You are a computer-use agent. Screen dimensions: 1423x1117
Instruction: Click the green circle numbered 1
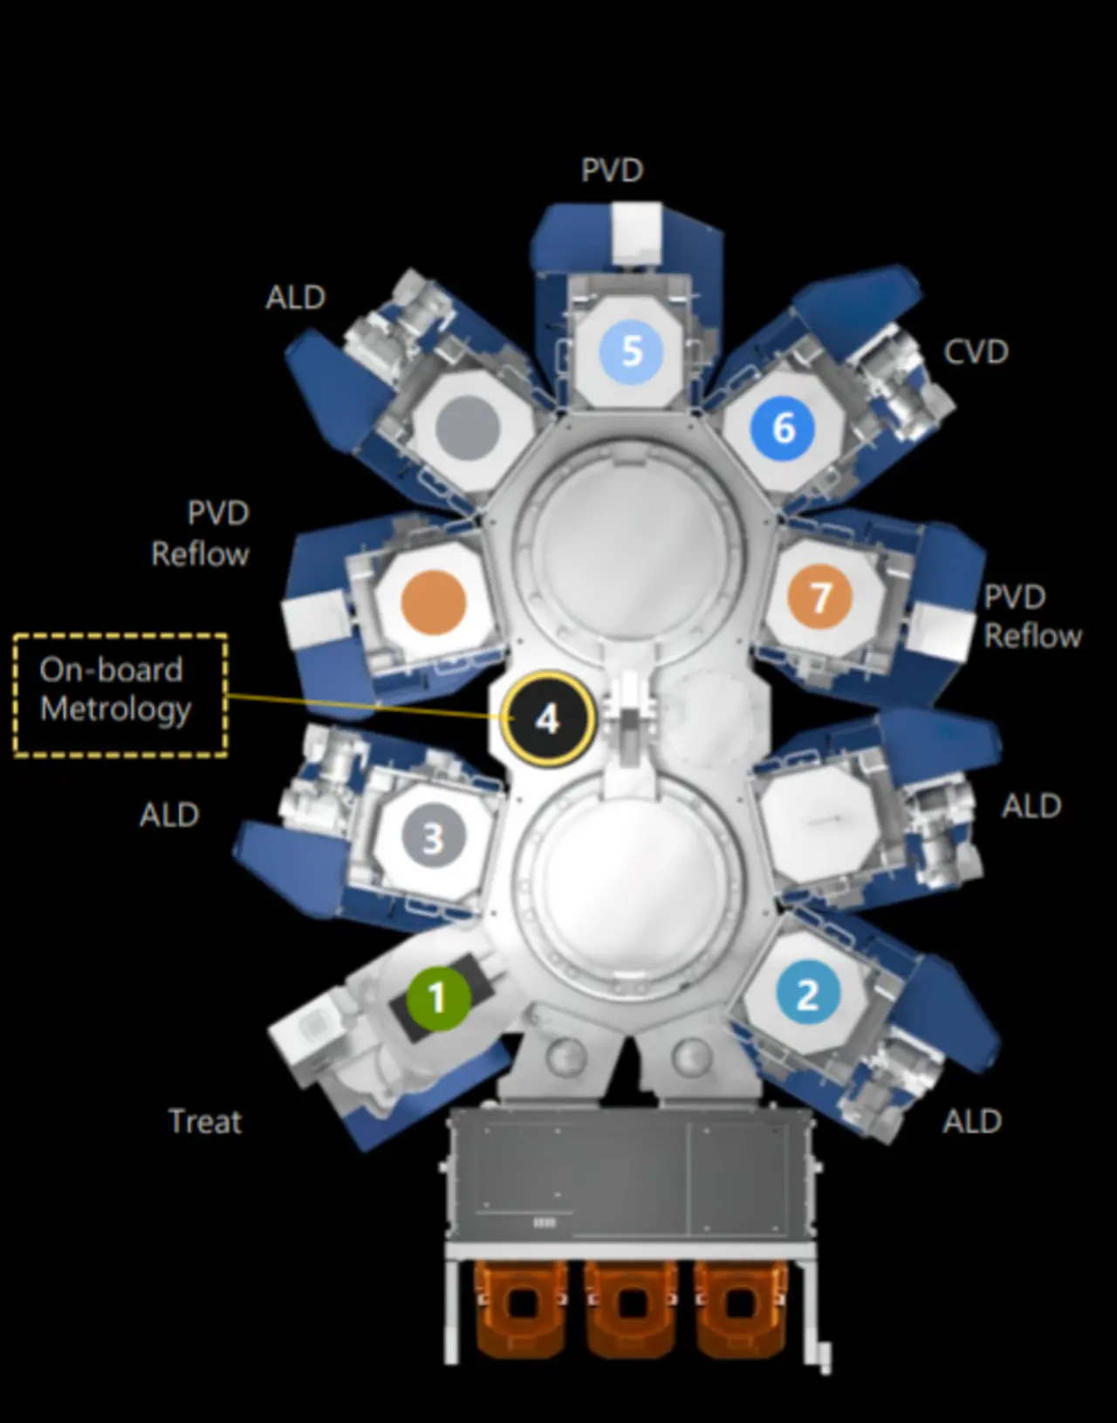click(438, 996)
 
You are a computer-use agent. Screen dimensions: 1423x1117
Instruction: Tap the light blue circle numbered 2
click(807, 994)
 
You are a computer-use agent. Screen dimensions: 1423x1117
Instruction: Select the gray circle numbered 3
click(433, 838)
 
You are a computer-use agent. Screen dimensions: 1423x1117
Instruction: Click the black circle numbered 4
click(547, 719)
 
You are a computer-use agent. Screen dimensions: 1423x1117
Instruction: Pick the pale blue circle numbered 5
click(631, 351)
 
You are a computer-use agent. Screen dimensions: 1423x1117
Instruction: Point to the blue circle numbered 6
click(783, 428)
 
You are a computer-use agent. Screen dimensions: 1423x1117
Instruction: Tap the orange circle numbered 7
click(819, 598)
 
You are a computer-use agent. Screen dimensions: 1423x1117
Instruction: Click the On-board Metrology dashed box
click(120, 694)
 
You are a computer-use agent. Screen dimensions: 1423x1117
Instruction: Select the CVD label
click(976, 352)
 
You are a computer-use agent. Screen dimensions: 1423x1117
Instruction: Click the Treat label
click(205, 1121)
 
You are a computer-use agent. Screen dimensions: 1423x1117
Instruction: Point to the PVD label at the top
click(612, 170)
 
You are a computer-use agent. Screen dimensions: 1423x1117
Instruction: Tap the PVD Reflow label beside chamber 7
click(1032, 616)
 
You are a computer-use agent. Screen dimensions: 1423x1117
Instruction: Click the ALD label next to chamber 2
click(971, 1121)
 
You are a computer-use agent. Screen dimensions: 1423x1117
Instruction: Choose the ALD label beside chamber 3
click(169, 815)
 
